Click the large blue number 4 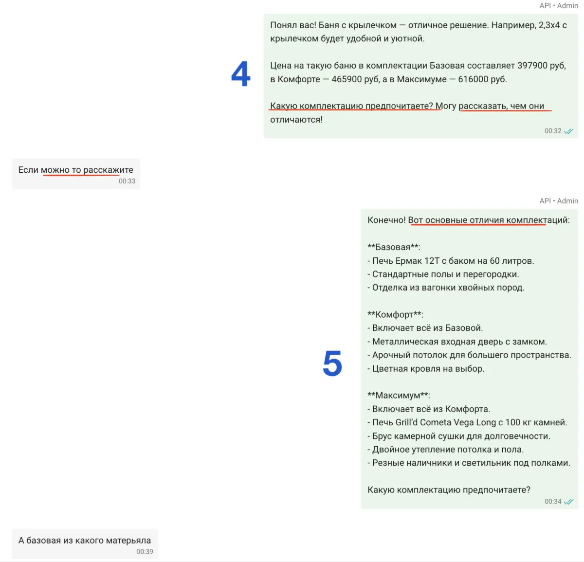point(241,74)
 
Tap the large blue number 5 point(332,363)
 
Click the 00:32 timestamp point(553,131)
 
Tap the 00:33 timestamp point(127,181)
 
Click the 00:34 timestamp point(553,502)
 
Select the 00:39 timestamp point(145,552)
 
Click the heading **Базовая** point(394,247)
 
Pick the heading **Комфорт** point(395,315)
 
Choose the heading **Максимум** point(399,396)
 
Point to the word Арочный point(390,355)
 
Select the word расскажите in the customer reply point(108,170)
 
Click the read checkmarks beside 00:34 point(568,502)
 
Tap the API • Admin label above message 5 point(559,201)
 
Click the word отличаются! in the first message point(296,120)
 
